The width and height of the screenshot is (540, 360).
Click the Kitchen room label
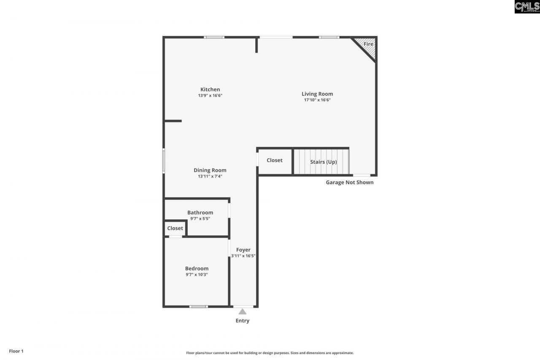[x=210, y=89]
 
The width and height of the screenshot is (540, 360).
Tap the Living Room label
[x=317, y=94]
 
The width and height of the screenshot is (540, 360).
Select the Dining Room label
[x=210, y=171]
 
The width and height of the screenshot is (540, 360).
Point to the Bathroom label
[x=200, y=213]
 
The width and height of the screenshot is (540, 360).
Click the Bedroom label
[x=197, y=268]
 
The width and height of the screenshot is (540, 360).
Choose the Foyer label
[x=243, y=250]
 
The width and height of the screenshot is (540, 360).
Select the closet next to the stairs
[x=275, y=160]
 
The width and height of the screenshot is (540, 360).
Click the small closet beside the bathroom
[x=175, y=228]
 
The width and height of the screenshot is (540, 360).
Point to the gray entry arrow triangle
[x=243, y=311]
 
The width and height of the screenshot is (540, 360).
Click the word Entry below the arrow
[x=243, y=321]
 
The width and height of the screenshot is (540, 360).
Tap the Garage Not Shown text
[x=350, y=182]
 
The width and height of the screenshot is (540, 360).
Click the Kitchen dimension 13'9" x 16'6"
[x=210, y=96]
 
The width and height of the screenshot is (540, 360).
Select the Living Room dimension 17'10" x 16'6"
[x=317, y=100]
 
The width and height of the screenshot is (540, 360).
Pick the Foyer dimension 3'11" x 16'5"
[x=243, y=256]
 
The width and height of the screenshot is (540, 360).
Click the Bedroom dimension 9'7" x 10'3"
[x=197, y=274]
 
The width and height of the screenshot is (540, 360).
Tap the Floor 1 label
[x=16, y=351]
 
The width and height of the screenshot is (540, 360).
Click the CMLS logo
[x=527, y=7]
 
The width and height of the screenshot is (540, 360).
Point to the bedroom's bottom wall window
[x=198, y=306]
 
